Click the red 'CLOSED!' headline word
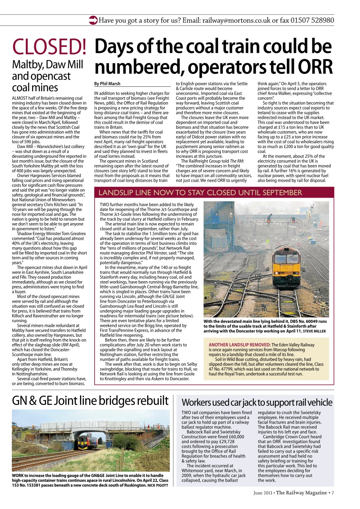[49, 47]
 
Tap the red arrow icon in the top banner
[93, 20]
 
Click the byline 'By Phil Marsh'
[107, 84]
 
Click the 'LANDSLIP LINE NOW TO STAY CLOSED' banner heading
[200, 193]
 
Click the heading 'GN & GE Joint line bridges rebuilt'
[90, 400]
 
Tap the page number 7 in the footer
[333, 493]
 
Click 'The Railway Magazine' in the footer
[302, 493]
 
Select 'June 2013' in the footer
[263, 493]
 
